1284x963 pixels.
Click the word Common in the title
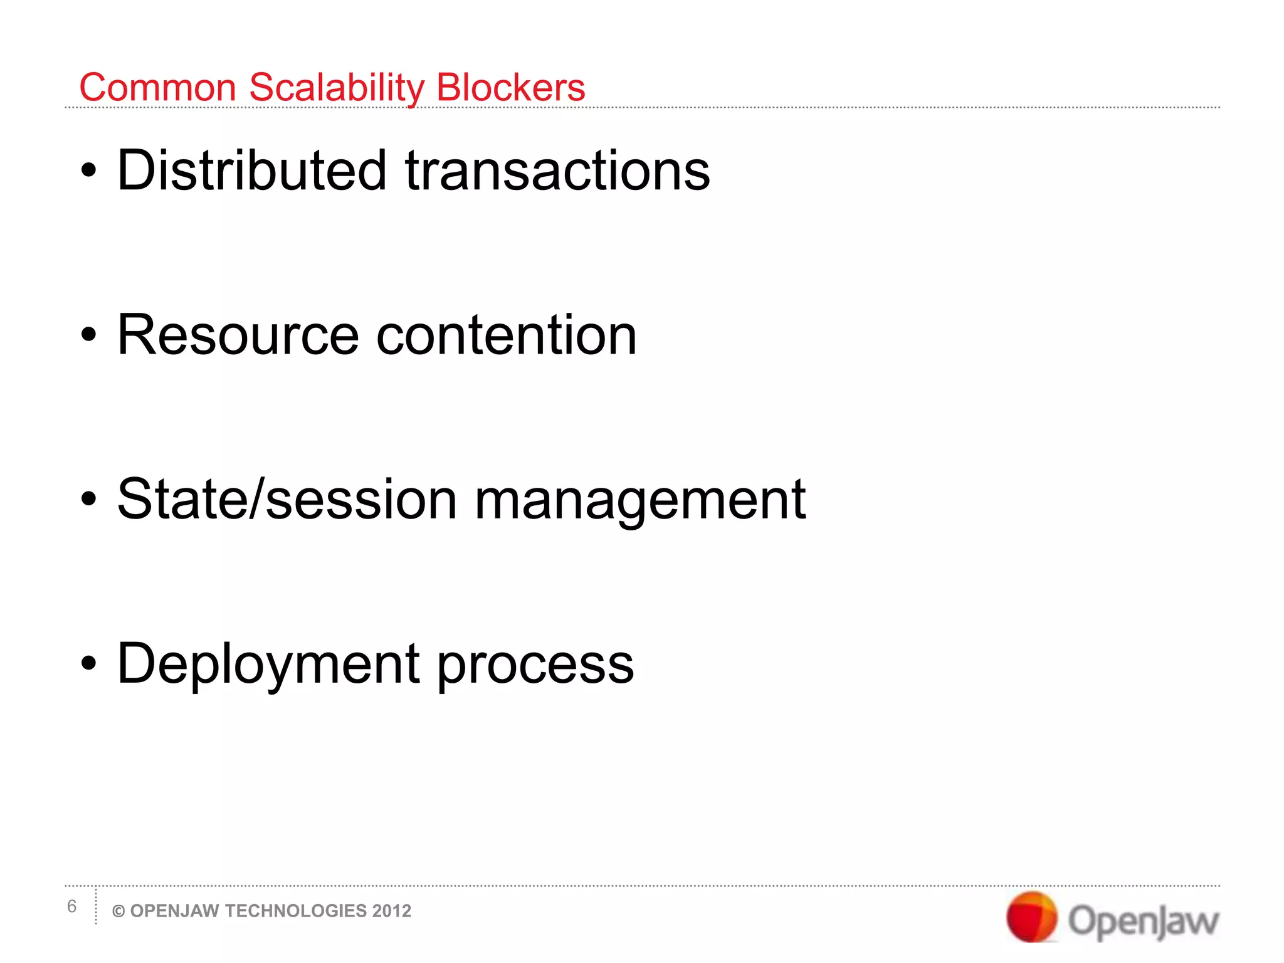pyautogui.click(x=157, y=87)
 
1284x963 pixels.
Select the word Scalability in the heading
pyautogui.click(x=337, y=87)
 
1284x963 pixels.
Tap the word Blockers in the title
pyautogui.click(x=510, y=87)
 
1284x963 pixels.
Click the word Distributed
pyautogui.click(x=252, y=171)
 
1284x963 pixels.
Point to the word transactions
pyautogui.click(x=557, y=171)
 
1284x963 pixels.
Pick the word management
pyautogui.click(x=640, y=500)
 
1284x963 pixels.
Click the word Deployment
pyautogui.click(x=268, y=664)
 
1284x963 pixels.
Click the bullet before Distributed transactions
pyautogui.click(x=89, y=171)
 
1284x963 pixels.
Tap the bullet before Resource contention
pyautogui.click(x=89, y=335)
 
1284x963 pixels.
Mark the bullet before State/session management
pyautogui.click(x=89, y=500)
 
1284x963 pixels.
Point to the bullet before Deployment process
pyautogui.click(x=89, y=664)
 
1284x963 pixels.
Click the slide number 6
pyautogui.click(x=71, y=907)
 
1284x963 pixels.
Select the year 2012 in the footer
pyautogui.click(x=392, y=911)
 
